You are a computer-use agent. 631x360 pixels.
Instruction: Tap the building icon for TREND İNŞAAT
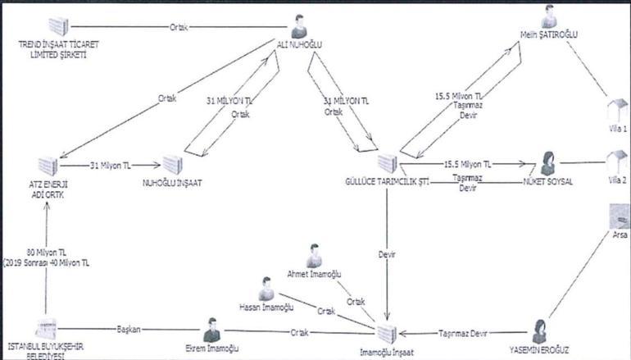(57, 26)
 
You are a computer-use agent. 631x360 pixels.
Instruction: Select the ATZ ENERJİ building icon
(48, 163)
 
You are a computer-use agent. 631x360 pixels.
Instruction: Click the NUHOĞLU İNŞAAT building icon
(171, 164)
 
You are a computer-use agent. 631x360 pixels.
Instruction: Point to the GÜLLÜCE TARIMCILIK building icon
(388, 162)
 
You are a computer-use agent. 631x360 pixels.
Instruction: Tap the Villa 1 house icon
(615, 109)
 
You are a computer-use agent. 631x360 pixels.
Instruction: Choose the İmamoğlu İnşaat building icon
(387, 333)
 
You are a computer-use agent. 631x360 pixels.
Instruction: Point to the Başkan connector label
(129, 330)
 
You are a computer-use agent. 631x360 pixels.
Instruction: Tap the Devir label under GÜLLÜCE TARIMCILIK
(388, 254)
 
